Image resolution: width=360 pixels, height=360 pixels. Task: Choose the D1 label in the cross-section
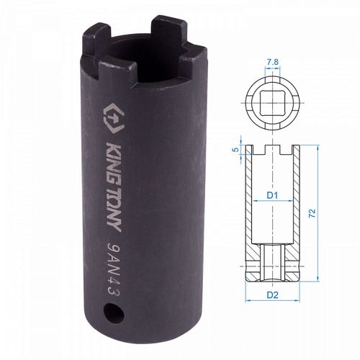pos(272,194)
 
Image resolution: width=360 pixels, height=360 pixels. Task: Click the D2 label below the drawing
pos(272,294)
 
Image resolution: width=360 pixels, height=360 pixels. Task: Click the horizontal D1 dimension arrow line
pos(272,204)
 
